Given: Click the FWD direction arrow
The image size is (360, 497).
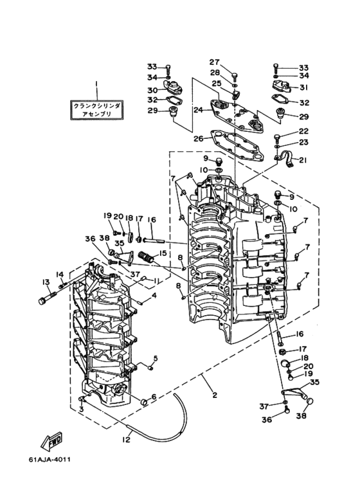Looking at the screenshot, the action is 51,441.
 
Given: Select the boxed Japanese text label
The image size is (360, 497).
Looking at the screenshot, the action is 96,110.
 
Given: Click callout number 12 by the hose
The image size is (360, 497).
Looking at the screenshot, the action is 126,440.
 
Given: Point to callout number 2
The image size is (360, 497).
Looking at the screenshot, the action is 215,395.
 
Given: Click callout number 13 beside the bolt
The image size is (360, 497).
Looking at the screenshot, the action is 46,282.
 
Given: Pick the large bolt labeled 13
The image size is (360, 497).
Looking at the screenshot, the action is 48,298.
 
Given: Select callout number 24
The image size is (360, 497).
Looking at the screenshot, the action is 198,110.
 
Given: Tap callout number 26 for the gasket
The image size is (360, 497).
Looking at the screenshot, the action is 199,138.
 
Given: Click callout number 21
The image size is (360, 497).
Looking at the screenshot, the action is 303,160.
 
